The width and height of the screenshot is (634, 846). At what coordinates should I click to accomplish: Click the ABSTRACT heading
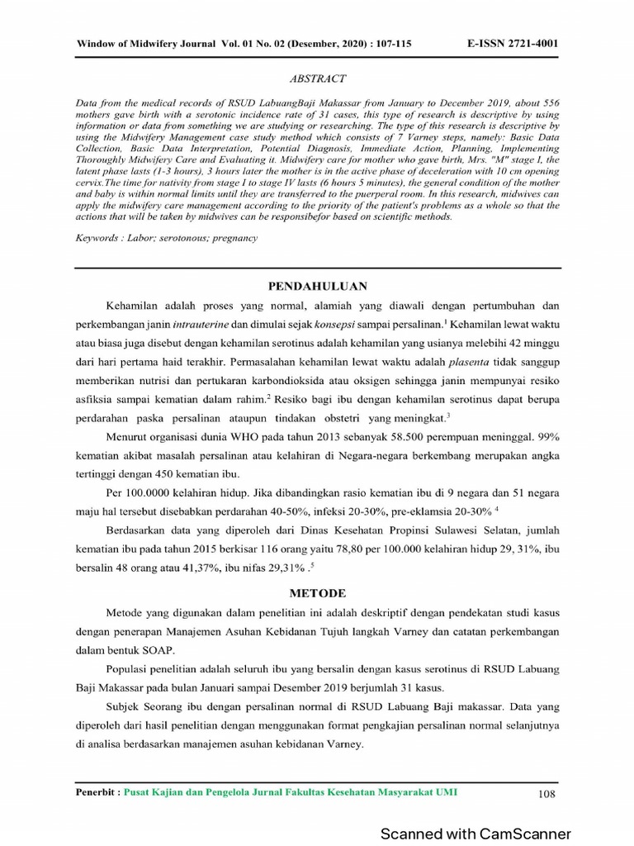click(317, 78)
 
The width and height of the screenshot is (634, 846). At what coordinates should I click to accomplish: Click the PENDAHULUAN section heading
click(317, 286)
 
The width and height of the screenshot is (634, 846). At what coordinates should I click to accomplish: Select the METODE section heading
click(317, 593)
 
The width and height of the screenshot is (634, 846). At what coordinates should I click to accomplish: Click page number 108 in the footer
click(546, 794)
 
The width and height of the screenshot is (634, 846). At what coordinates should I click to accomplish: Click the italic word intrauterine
click(238, 323)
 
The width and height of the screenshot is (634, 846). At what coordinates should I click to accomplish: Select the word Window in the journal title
click(96, 43)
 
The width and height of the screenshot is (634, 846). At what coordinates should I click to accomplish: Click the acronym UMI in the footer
click(446, 792)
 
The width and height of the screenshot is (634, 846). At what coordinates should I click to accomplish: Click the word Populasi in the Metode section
click(131, 669)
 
